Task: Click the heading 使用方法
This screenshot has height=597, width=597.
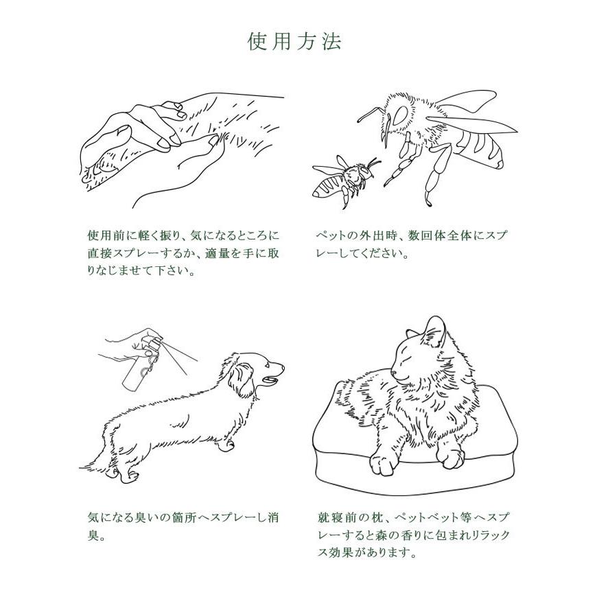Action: click(294, 41)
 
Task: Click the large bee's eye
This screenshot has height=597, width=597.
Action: click(399, 115)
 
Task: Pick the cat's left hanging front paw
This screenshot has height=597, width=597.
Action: click(384, 461)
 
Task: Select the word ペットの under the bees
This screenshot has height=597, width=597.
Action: click(336, 235)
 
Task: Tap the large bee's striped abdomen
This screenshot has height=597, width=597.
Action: click(480, 148)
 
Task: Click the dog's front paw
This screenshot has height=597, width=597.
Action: click(228, 443)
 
